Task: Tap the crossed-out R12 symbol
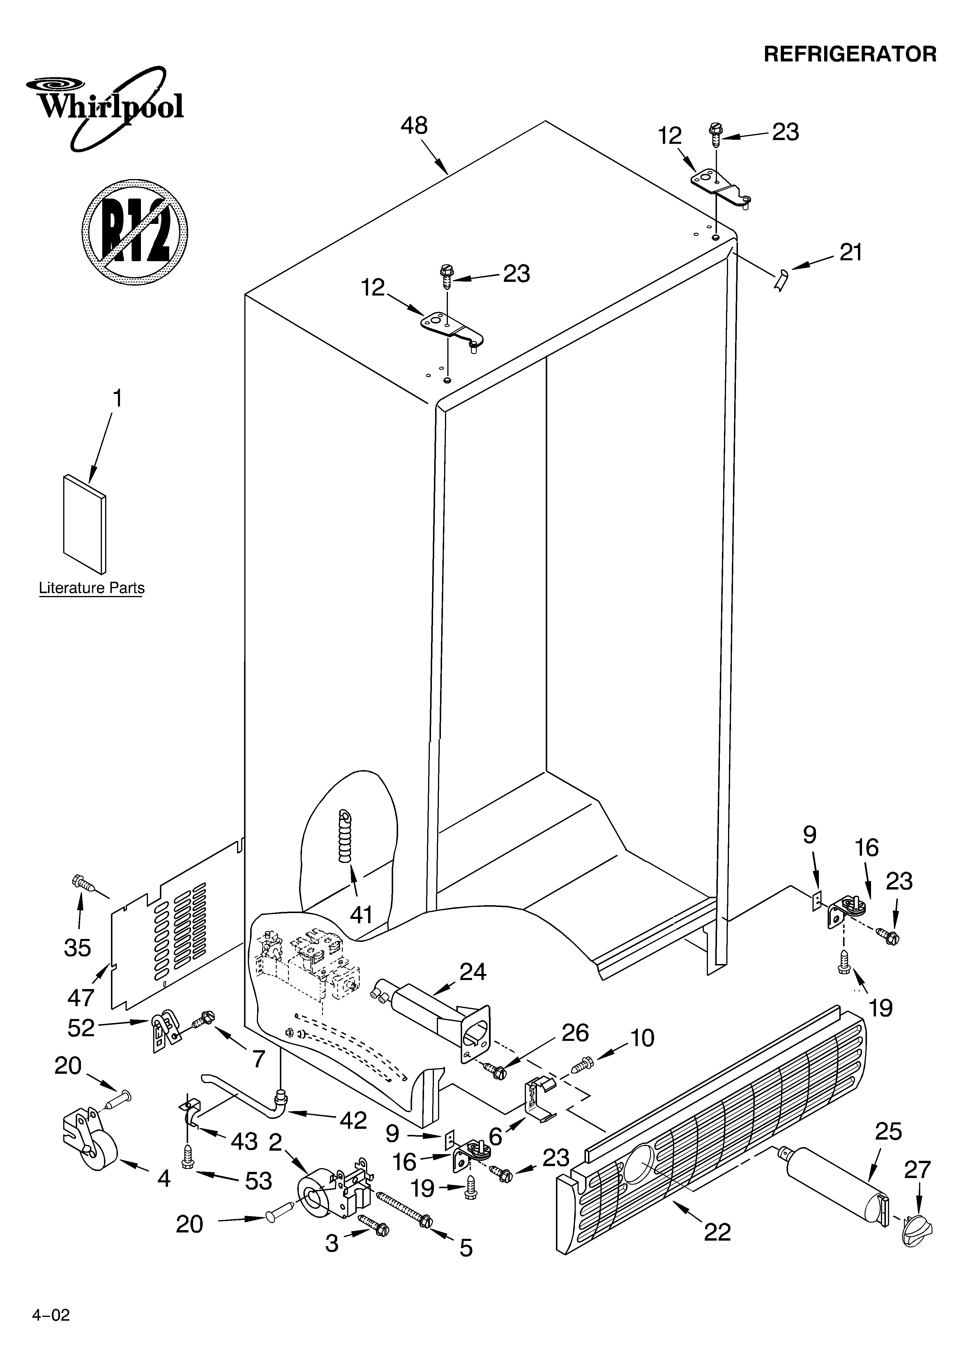[135, 230]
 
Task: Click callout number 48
[414, 126]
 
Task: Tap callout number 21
[850, 253]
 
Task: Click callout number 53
[258, 1181]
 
